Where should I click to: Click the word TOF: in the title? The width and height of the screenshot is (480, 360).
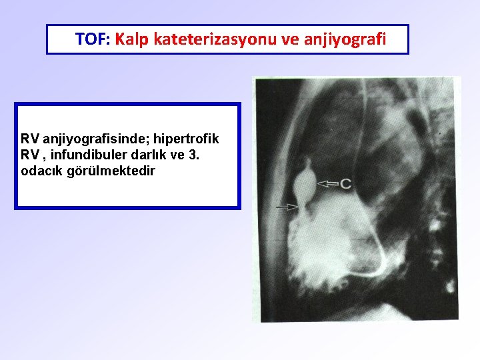(x=93, y=39)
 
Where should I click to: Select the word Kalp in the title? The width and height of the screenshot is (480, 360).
(x=131, y=39)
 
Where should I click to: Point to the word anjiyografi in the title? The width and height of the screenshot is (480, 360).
(x=345, y=39)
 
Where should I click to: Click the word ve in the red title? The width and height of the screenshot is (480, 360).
(x=292, y=39)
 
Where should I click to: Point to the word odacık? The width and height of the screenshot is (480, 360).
(x=42, y=171)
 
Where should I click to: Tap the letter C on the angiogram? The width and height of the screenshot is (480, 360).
(x=345, y=183)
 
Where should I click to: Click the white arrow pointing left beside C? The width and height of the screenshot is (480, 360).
(x=328, y=183)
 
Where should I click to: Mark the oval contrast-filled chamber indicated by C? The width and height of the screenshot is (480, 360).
(x=307, y=181)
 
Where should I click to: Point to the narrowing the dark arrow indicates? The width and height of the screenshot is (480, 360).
(x=305, y=207)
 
